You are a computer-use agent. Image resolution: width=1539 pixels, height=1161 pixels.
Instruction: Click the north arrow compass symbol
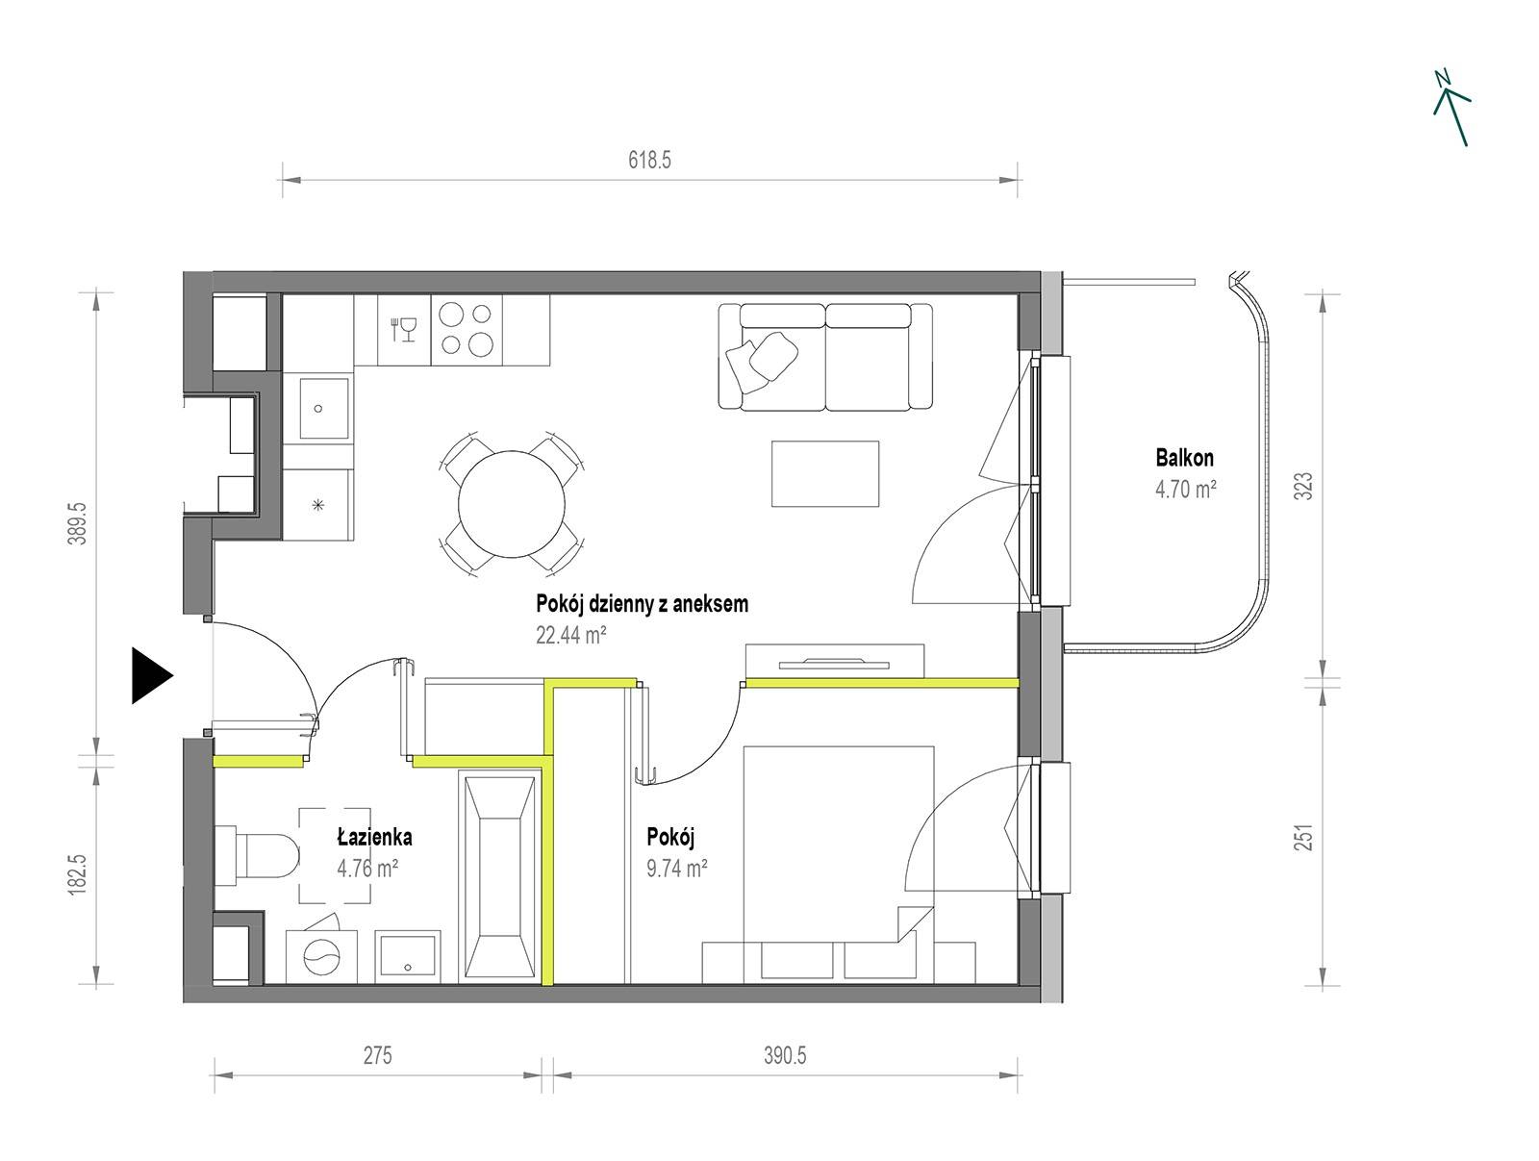(x=1450, y=109)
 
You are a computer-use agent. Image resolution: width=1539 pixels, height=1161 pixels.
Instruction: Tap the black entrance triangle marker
(x=151, y=675)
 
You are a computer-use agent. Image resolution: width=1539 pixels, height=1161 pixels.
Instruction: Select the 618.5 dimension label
(x=649, y=161)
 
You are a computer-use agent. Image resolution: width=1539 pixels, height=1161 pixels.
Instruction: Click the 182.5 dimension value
(x=78, y=872)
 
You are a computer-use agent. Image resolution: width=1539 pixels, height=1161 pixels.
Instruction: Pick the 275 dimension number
(x=377, y=1055)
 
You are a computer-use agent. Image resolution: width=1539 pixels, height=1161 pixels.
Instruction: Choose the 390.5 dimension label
(x=785, y=1055)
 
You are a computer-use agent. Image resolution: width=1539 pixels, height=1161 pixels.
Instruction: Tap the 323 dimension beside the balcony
(x=1302, y=487)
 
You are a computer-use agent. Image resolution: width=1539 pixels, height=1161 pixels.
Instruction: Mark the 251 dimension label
(x=1302, y=837)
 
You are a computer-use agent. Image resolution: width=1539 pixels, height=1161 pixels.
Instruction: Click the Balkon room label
(x=1184, y=459)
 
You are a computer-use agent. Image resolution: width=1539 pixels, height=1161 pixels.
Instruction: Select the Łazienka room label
(x=374, y=837)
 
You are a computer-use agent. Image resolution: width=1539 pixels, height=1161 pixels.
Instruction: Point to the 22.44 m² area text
(x=570, y=635)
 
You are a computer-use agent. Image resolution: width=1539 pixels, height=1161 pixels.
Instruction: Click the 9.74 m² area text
(x=676, y=869)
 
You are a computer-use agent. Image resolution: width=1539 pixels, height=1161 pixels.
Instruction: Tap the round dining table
(x=512, y=504)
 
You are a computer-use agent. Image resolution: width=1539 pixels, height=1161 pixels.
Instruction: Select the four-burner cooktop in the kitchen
(x=467, y=330)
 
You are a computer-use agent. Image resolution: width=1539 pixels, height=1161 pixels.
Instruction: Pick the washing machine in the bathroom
(x=321, y=955)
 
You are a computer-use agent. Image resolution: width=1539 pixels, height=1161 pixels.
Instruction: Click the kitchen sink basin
(x=323, y=408)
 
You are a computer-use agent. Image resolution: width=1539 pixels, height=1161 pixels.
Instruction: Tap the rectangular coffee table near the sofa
(x=825, y=473)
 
